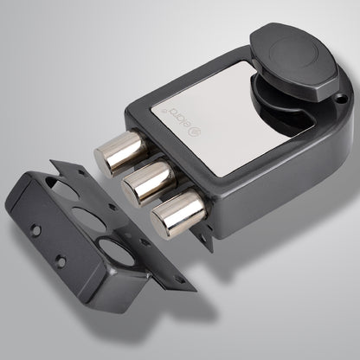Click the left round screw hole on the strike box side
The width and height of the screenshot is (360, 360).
pos(36,231)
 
